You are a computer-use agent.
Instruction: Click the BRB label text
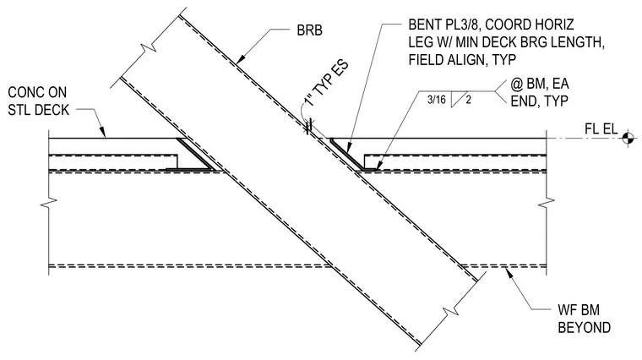tap(309, 30)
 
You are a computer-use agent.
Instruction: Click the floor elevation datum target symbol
tap(627, 138)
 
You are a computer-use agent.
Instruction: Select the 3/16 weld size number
tap(437, 99)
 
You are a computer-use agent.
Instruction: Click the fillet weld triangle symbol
tap(455, 100)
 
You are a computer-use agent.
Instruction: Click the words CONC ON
tap(37, 92)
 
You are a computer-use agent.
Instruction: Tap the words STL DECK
tap(39, 110)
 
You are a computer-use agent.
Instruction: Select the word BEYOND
tap(585, 328)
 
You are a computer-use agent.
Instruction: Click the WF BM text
tap(579, 310)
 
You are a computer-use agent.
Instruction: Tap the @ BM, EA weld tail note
tap(540, 84)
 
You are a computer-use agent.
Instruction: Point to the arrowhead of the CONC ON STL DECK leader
tap(103, 132)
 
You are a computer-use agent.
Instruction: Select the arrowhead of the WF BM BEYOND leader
tap(509, 273)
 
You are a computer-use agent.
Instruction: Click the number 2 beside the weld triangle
tap(468, 99)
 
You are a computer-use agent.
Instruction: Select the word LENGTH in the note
tap(575, 42)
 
